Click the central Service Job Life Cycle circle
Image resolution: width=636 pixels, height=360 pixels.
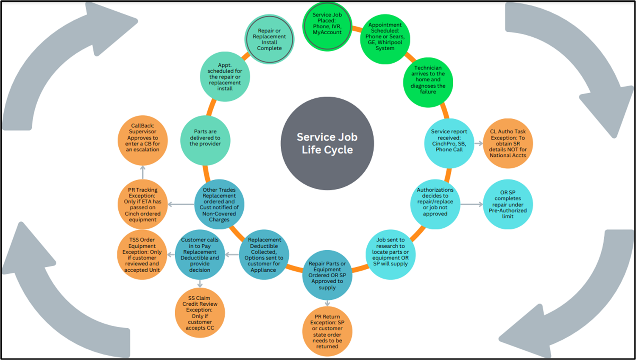point(327,143)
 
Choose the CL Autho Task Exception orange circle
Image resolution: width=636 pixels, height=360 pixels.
point(508,143)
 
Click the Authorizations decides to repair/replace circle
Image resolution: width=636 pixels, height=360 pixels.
point(435,202)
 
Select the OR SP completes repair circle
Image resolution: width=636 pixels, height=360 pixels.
point(508,204)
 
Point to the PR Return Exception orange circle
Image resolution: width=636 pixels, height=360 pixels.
point(327,332)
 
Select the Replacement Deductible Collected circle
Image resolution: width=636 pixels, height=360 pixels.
point(263,254)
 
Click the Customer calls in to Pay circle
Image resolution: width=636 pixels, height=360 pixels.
point(200,254)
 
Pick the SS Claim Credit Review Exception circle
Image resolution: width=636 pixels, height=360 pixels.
point(200,313)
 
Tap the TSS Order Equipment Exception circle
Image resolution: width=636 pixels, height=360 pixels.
point(142,254)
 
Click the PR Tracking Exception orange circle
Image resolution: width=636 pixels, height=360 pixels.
point(142,205)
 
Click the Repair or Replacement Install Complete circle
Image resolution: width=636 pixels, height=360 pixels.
point(269,39)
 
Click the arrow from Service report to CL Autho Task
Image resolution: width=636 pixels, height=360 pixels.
point(479,143)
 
